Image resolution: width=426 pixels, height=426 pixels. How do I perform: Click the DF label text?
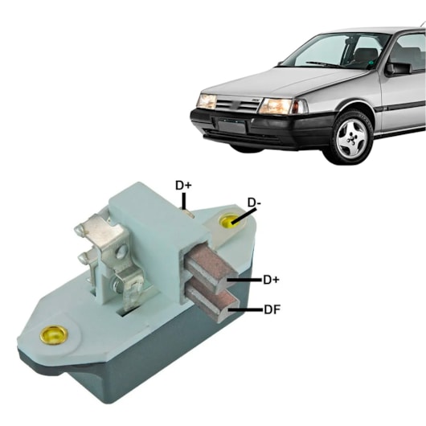point(272,309)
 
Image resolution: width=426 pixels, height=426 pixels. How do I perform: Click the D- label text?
point(254,203)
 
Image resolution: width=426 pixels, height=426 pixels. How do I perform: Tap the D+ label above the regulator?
point(183,186)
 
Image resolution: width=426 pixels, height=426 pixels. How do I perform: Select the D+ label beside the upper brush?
point(271,280)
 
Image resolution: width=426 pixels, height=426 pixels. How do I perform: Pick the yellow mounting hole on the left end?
point(54,334)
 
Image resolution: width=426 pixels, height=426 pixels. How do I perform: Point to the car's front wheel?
point(352,137)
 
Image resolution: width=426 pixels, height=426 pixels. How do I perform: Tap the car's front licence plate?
point(231,127)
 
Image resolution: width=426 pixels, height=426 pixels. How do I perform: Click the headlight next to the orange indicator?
point(275,106)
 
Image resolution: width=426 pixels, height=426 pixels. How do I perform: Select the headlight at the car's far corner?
point(207,101)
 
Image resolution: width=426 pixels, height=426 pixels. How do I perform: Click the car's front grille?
point(237,105)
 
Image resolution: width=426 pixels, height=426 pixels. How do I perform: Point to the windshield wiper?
point(323,64)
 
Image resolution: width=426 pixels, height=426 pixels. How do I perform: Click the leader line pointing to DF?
point(246,309)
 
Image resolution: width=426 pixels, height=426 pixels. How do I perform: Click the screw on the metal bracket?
point(121,252)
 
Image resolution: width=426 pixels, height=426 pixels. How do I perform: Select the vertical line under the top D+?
point(184,201)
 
